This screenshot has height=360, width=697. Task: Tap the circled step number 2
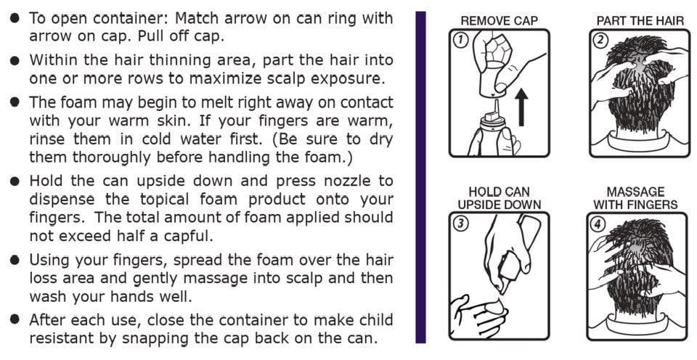coord(601,40)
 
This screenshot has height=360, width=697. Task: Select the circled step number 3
coord(461,223)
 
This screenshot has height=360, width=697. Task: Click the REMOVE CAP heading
coord(500,21)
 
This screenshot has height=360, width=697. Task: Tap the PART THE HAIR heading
coord(640,21)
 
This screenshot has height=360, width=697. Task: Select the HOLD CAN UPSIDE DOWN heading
coord(500,198)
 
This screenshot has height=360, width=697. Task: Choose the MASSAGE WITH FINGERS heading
coord(636,198)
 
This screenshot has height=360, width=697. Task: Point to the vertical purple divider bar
coord(420,177)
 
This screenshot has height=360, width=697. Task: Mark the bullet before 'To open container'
coord(15,18)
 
